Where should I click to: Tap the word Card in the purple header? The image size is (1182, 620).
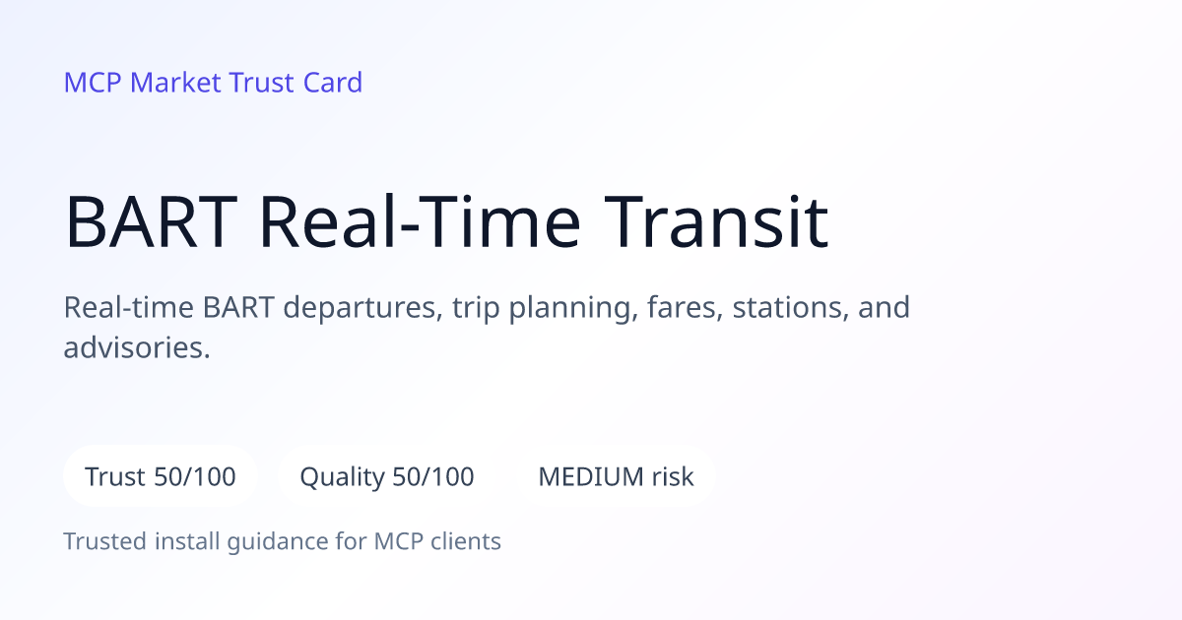point(333,83)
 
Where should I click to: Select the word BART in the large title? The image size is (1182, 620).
point(151,221)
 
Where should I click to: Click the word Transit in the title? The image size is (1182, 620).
point(716,221)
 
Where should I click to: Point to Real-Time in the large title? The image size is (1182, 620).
point(420,220)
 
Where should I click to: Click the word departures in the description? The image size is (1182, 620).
point(363,308)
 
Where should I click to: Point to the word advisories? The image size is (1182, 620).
point(136,348)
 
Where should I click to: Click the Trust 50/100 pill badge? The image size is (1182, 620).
point(161,476)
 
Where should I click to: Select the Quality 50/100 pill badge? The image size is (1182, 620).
point(387,476)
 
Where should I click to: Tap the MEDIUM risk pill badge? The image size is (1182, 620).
point(616,476)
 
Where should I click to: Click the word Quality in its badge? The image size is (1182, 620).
point(342,477)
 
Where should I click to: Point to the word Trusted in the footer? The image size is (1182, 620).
point(105,541)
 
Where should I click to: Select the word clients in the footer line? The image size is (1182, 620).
point(465,541)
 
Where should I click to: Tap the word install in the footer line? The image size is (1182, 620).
point(187,541)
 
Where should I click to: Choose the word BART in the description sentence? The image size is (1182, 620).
point(238,308)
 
